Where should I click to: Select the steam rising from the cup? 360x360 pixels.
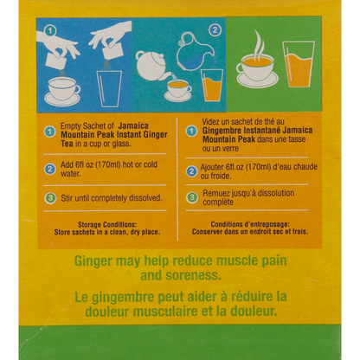click(259, 43)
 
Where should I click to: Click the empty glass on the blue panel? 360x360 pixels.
click(109, 88)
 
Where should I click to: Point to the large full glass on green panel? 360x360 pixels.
click(299, 64)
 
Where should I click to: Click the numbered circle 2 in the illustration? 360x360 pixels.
click(215, 30)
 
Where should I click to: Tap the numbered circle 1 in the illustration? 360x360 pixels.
click(50, 31)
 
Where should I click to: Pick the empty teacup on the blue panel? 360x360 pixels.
click(62, 91)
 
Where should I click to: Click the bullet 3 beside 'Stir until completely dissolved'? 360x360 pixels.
click(50, 198)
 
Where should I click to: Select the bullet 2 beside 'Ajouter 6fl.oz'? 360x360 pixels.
click(191, 171)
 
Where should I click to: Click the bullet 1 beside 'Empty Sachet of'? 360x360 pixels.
click(50, 132)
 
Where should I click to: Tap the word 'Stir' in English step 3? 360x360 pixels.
click(67, 198)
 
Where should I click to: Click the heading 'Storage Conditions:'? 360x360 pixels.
click(107, 224)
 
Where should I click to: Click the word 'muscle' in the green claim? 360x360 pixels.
click(237, 260)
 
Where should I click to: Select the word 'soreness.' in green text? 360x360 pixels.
click(194, 275)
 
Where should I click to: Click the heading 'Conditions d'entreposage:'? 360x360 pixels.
click(250, 224)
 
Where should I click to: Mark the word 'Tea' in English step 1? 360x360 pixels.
click(67, 144)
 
